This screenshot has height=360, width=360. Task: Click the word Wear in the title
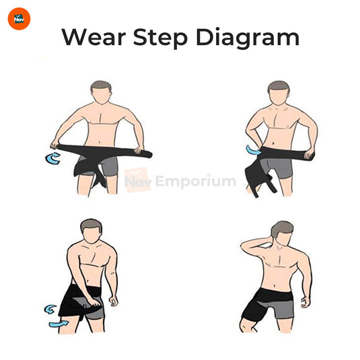(93, 37)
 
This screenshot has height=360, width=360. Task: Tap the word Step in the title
(161, 38)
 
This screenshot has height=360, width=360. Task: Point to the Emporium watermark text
(196, 181)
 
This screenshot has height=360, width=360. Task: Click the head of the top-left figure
(100, 93)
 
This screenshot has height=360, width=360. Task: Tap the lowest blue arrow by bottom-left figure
(59, 324)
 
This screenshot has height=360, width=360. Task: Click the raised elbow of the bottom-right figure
(246, 248)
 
